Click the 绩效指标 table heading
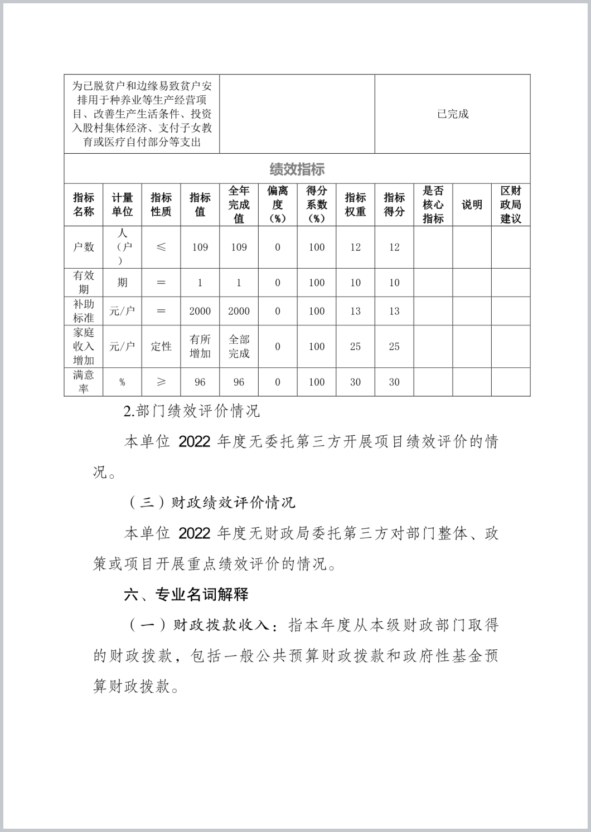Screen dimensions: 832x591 click(x=297, y=169)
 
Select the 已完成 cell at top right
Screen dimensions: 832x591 click(x=452, y=114)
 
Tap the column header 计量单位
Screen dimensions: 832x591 click(x=122, y=205)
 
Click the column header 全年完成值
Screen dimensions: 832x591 click(x=239, y=205)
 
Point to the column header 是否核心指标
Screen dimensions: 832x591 click(x=433, y=205)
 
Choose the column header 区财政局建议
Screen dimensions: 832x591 click(x=510, y=205)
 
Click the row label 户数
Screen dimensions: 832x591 click(x=84, y=247)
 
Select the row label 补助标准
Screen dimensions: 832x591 click(x=84, y=311)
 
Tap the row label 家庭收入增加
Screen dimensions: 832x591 click(x=84, y=346)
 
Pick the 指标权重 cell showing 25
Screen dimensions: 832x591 click(x=355, y=347)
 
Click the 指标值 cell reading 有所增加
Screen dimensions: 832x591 click(x=200, y=346)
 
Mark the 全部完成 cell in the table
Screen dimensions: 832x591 click(x=239, y=346)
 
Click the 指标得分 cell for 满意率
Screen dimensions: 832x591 click(x=394, y=382)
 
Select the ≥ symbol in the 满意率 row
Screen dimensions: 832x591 click(x=161, y=382)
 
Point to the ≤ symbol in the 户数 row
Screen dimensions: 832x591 click(x=161, y=247)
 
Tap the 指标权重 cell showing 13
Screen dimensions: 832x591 click(x=355, y=311)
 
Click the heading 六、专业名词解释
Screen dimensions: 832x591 click(x=186, y=595)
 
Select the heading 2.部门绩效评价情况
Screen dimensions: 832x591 click(x=192, y=412)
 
